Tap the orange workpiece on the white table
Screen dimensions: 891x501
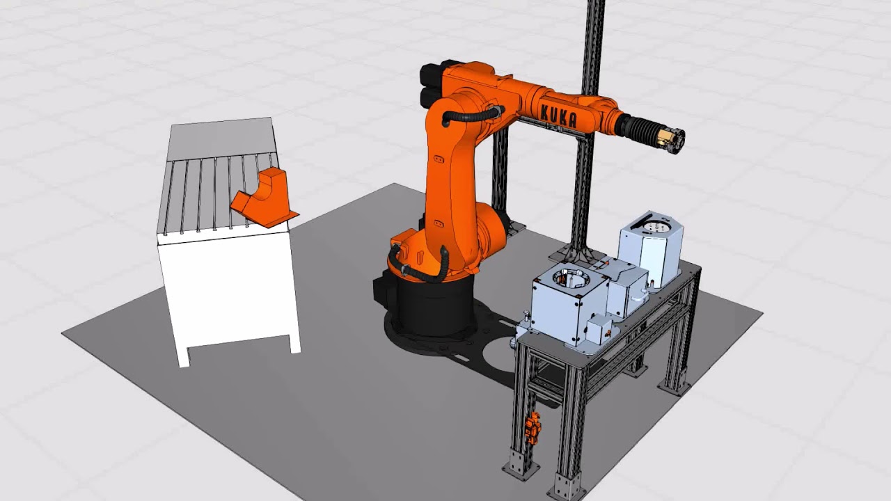pyautogui.click(x=265, y=198)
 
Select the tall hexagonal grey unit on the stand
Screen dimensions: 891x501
pyautogui.click(x=651, y=248)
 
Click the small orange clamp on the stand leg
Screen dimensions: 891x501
pyautogui.click(x=533, y=428)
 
